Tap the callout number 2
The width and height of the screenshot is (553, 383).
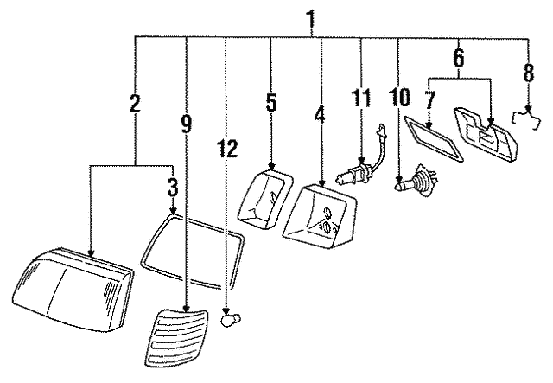pos(135,105)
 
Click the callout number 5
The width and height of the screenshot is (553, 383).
pos(270,103)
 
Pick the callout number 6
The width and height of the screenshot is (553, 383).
pos(458,59)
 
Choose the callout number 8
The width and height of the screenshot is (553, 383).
pos(528,72)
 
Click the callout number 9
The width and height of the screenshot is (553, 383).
pos(187,123)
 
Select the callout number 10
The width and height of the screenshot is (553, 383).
pos(398,99)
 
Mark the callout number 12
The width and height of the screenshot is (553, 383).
pos(226,150)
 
